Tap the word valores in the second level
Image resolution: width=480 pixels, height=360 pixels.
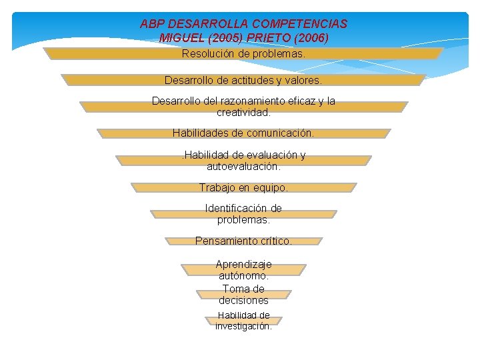(x=301, y=80)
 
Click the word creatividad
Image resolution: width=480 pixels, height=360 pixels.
(x=243, y=112)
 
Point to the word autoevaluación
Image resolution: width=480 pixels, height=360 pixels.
(x=243, y=166)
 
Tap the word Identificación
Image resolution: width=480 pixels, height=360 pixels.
(x=243, y=209)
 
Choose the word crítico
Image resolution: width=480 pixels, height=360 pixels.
(x=277, y=241)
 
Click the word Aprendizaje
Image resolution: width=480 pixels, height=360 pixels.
(x=243, y=265)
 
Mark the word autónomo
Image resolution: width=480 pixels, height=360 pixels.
(x=243, y=275)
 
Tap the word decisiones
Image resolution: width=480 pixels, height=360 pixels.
(x=243, y=300)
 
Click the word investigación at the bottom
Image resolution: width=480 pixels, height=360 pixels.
(x=243, y=326)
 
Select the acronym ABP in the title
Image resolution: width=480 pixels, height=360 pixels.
(x=151, y=23)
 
